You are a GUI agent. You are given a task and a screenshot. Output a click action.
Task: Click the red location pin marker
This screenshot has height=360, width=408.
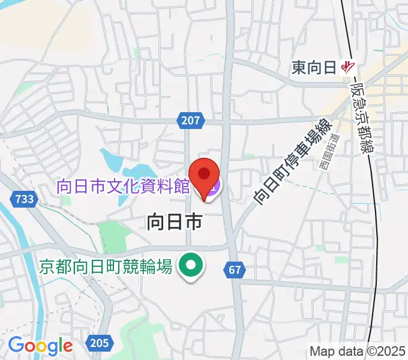click(204, 175)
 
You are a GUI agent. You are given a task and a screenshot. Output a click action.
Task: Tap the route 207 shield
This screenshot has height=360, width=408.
click(189, 121)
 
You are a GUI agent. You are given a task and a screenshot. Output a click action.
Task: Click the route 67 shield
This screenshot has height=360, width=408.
click(235, 270)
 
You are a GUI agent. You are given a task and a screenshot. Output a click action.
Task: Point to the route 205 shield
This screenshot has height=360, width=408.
click(98, 343)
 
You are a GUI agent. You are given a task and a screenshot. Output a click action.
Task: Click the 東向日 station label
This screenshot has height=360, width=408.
click(313, 67)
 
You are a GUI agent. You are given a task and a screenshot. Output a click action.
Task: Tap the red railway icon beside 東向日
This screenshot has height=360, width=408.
click(347, 67)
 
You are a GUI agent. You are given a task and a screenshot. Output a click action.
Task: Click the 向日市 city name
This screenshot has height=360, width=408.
click(174, 223)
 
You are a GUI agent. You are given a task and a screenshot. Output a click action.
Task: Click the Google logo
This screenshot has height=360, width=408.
click(40, 345)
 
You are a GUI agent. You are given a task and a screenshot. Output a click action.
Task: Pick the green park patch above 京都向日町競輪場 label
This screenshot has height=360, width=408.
click(110, 234)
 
